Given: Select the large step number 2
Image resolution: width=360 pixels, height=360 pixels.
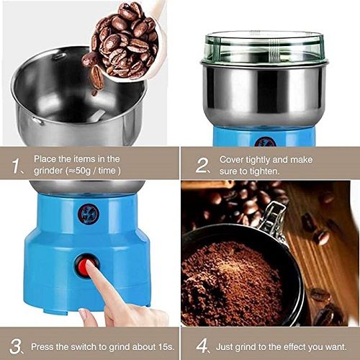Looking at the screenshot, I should pyautogui.click(x=202, y=165).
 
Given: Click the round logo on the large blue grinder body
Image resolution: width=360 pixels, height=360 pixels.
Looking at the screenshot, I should pyautogui.click(x=88, y=213).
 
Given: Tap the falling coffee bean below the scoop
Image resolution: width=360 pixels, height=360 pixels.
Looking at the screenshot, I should pyautogui.click(x=96, y=77).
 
